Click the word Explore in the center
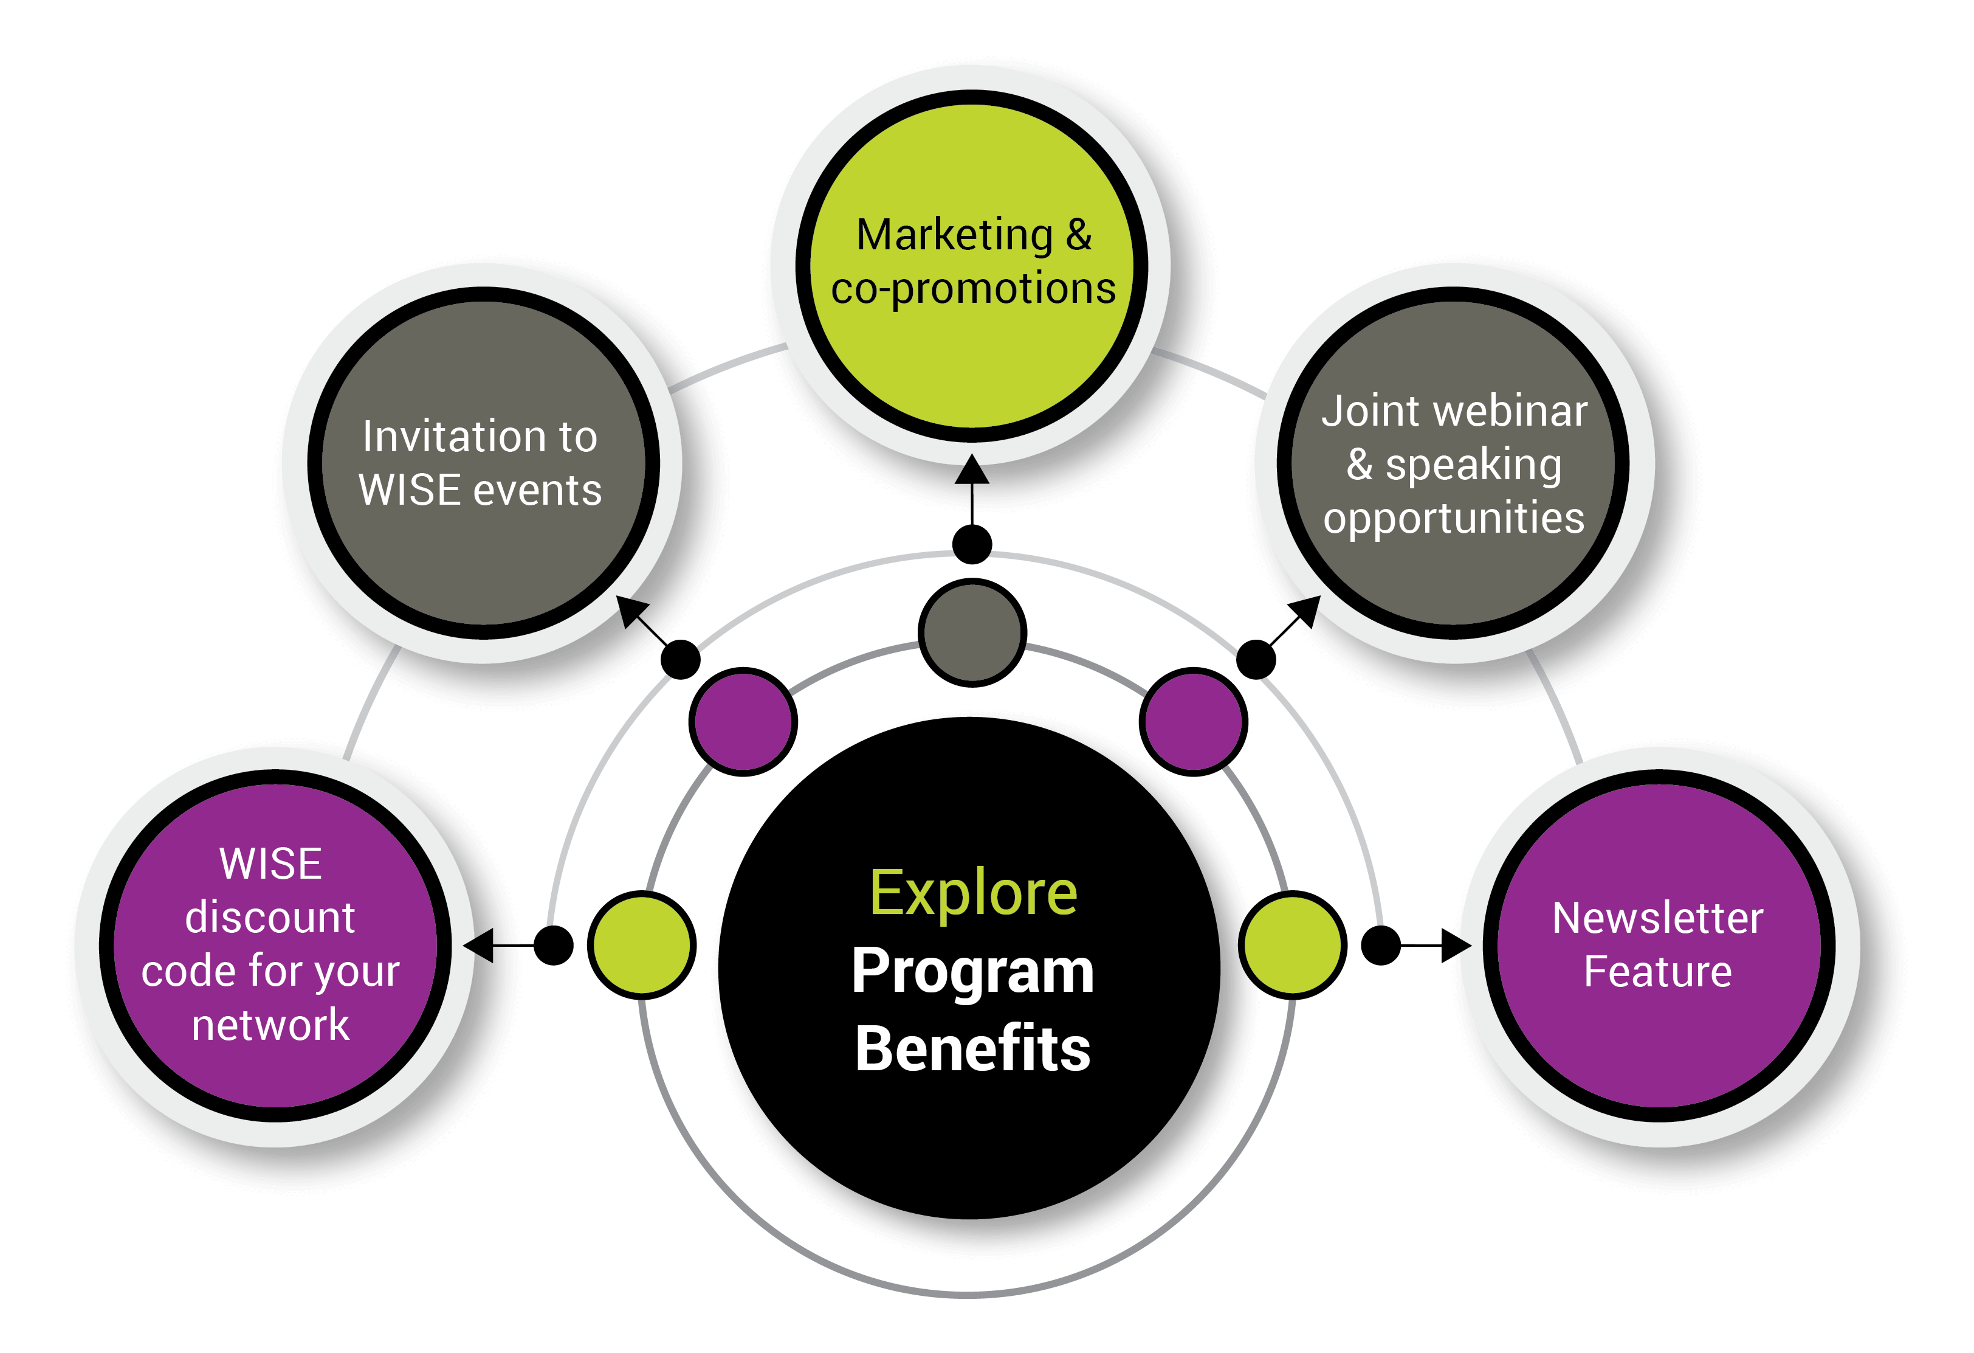click(974, 894)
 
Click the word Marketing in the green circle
click(954, 235)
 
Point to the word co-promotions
click(974, 289)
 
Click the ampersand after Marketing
click(1079, 235)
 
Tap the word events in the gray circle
click(537, 490)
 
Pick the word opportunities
click(1454, 519)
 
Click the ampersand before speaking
click(1359, 464)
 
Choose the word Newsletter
click(1658, 919)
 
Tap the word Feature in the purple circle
click(1658, 971)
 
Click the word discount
click(270, 918)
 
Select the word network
click(270, 1025)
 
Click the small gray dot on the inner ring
click(972, 632)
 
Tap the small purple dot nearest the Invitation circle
click(743, 722)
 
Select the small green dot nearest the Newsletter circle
click(1293, 945)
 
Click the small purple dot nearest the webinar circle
click(1194, 722)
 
